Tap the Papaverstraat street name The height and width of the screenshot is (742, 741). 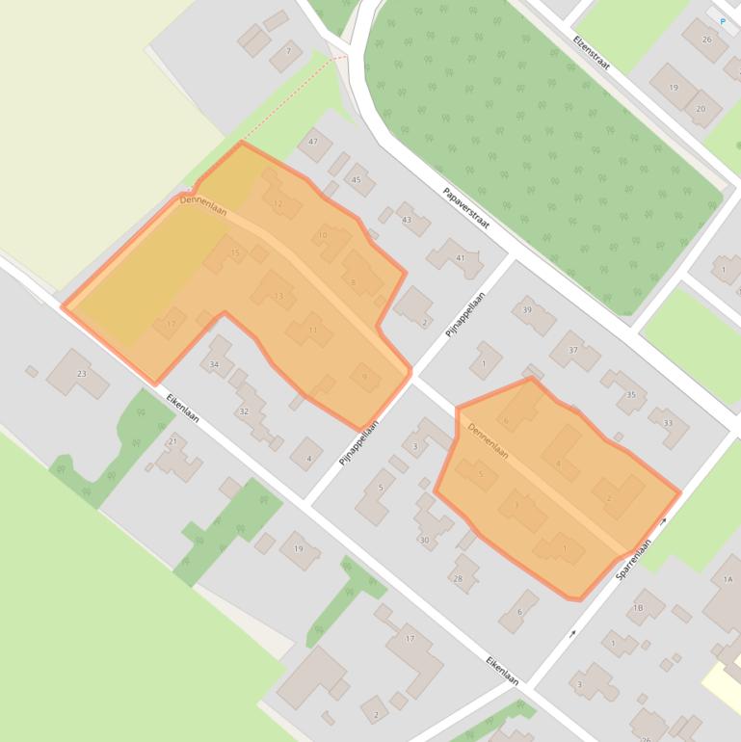tap(467, 207)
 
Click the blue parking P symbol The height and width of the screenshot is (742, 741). tap(723, 20)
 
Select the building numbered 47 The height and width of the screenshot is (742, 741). tap(313, 143)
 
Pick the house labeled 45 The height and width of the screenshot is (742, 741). tap(357, 179)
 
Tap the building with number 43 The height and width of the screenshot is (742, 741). tap(407, 220)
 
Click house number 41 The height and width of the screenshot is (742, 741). tap(461, 257)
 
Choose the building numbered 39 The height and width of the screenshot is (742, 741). tap(527, 310)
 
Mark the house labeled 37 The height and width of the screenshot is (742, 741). tap(573, 350)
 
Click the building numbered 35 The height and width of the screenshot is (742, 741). tap(631, 394)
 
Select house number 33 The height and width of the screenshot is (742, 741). tap(667, 422)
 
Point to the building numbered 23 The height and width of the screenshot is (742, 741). tap(81, 373)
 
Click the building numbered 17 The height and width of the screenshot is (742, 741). tap(410, 639)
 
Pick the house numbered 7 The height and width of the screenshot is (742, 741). tap(287, 51)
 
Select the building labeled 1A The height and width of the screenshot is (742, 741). tap(727, 578)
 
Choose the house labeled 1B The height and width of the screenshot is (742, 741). tap(638, 608)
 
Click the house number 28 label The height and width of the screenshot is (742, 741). tap(458, 578)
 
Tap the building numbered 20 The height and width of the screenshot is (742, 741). tap(701, 109)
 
